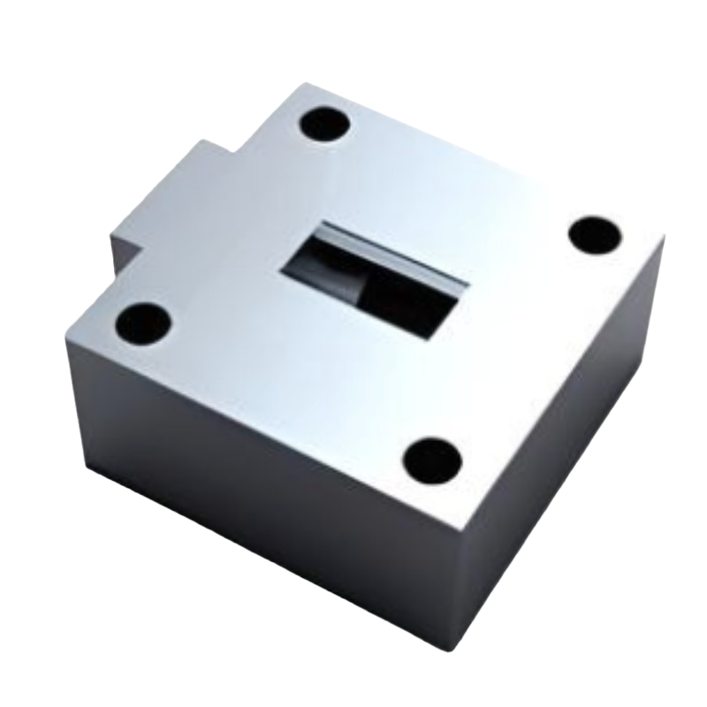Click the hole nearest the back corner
pos(323,125)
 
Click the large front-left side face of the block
pos(265,460)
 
